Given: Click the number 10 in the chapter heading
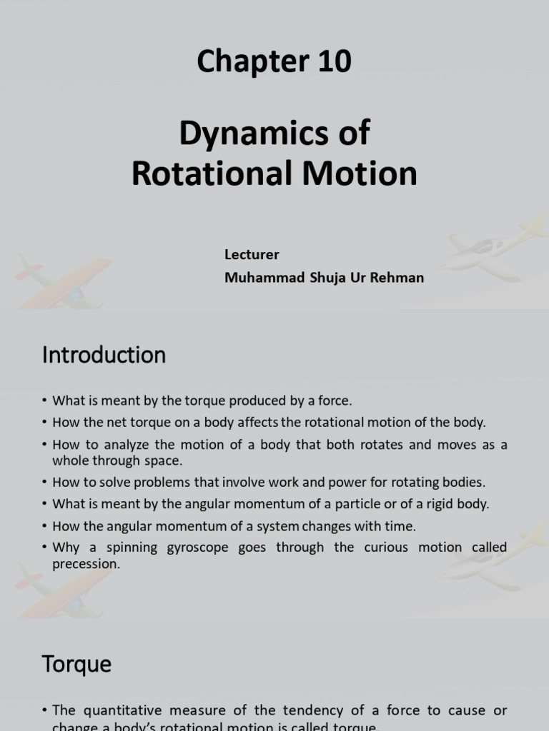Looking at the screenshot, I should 330,63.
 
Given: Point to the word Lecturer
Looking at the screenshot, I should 252,255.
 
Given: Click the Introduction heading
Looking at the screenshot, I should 104,355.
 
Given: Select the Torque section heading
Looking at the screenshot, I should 76,665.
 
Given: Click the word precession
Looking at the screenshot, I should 85,564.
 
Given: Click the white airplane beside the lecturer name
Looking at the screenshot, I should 493,248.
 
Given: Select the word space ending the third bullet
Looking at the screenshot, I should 166,461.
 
